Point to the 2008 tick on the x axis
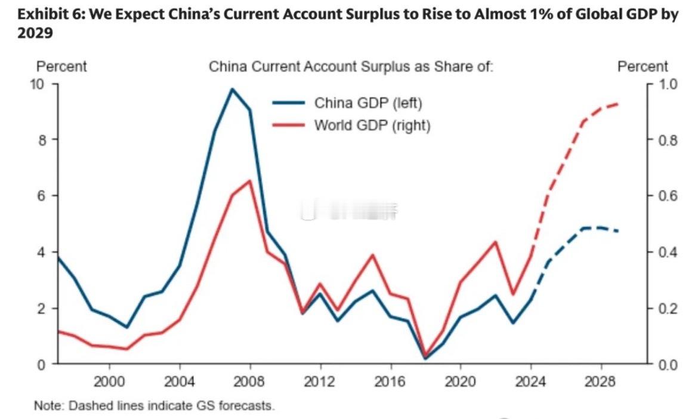point(250,381)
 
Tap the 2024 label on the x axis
point(532,381)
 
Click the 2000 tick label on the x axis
point(110,381)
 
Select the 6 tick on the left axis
point(41,196)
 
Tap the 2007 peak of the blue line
point(232,89)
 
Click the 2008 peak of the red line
point(249,181)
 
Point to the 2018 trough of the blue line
point(425,358)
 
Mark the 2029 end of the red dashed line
point(619,104)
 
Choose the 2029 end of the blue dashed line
point(619,231)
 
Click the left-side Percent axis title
point(62,66)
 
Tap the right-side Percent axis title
point(643,66)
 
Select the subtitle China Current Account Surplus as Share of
point(351,66)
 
